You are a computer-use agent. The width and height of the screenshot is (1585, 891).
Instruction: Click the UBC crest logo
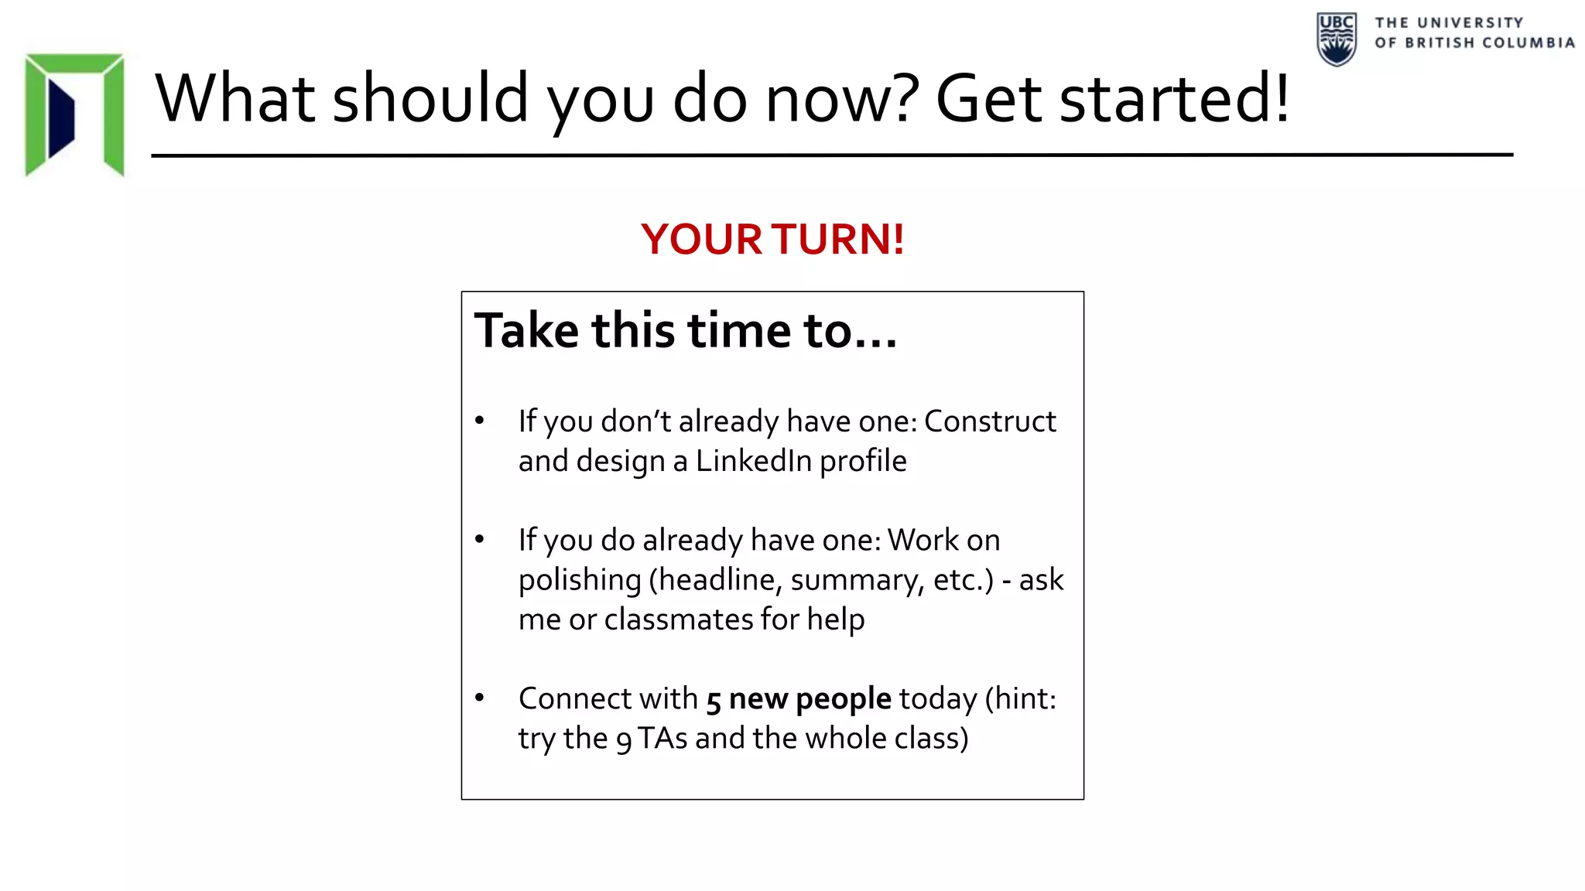(x=1336, y=39)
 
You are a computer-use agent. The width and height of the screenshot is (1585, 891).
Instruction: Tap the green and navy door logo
(x=74, y=114)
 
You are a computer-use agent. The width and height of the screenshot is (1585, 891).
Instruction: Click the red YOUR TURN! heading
(x=772, y=239)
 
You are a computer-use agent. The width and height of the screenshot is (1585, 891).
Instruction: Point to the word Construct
(x=990, y=422)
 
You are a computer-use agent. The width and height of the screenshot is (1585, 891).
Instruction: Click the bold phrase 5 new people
(x=799, y=699)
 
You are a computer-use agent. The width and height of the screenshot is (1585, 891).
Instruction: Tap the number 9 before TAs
(x=624, y=740)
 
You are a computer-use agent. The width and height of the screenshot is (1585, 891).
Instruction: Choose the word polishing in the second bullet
(x=580, y=580)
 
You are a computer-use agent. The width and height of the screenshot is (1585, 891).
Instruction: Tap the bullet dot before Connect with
(x=480, y=698)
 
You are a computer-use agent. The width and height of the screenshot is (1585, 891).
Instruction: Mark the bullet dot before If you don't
(x=480, y=421)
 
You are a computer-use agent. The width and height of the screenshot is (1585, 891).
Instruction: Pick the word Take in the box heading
(x=526, y=331)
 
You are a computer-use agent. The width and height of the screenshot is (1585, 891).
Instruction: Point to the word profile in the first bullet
(x=863, y=462)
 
